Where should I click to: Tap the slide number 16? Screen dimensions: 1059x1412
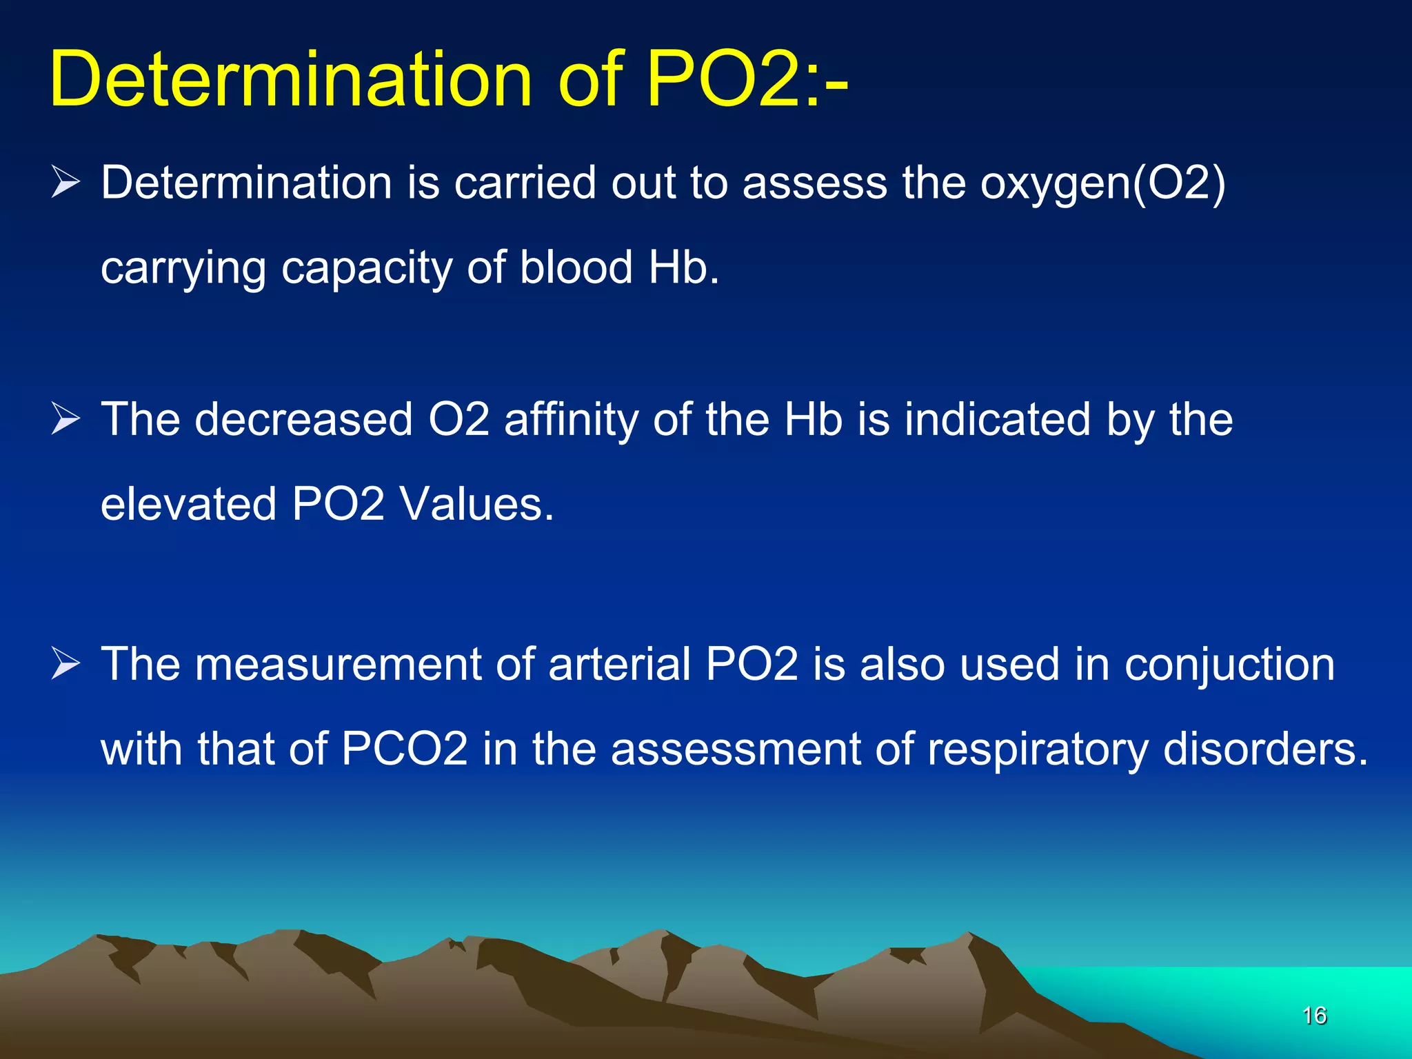(x=1314, y=1016)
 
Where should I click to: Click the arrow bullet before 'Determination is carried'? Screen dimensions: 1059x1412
(x=65, y=183)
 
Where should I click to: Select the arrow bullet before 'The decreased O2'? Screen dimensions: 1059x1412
(x=65, y=419)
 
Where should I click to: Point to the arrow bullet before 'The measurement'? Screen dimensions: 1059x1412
(x=65, y=664)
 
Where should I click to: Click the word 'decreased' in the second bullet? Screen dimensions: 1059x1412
(x=303, y=419)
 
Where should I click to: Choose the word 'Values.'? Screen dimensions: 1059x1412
(x=477, y=504)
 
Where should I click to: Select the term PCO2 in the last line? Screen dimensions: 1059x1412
(x=405, y=749)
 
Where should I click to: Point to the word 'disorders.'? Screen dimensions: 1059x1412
(x=1265, y=749)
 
